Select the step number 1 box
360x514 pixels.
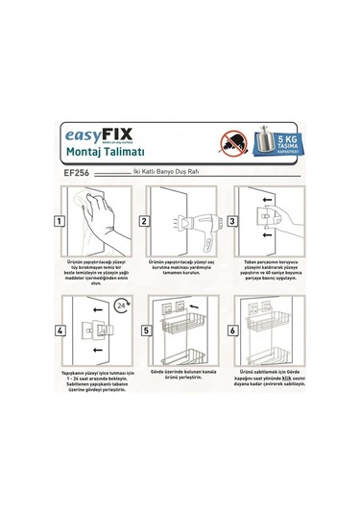pos(60,221)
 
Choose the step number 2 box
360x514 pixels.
pos(144,221)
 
